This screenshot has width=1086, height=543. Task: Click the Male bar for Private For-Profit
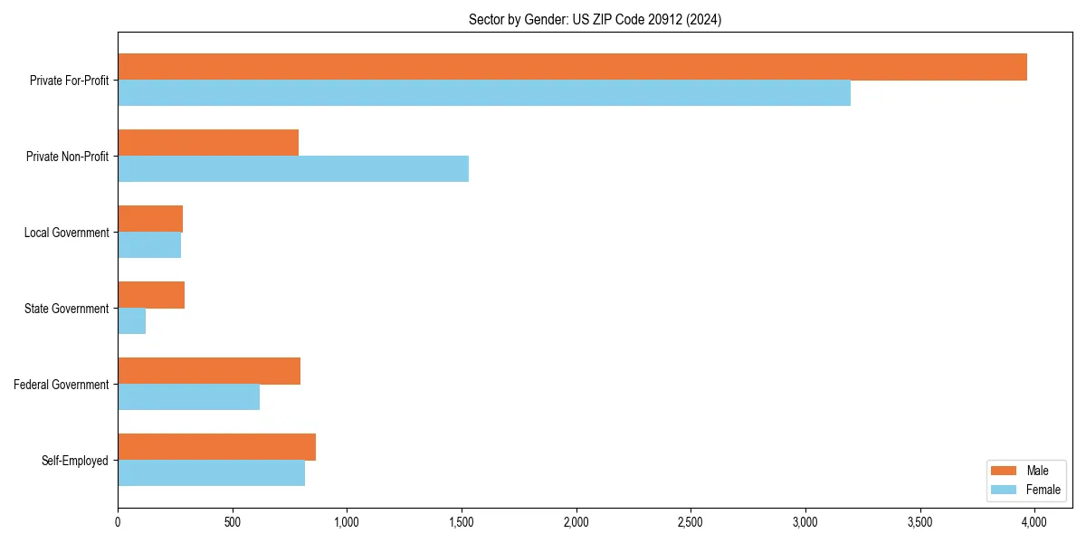click(572, 67)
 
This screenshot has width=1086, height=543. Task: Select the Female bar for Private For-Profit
click(484, 93)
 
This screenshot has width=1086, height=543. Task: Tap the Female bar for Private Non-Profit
click(293, 169)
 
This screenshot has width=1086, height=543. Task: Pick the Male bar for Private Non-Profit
click(208, 143)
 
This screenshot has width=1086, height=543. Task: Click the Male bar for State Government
click(151, 295)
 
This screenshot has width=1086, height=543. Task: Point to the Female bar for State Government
click(132, 321)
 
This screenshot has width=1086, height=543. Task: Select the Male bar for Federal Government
click(209, 371)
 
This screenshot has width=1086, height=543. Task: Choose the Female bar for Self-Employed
click(211, 473)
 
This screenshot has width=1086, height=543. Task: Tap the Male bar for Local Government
click(150, 219)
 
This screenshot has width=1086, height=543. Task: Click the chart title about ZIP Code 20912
click(595, 19)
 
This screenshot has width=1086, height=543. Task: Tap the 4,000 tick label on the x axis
click(1034, 522)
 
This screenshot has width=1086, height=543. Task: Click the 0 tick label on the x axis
click(118, 522)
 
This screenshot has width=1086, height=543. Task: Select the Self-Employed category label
click(75, 461)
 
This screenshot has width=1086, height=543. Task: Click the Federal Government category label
click(62, 385)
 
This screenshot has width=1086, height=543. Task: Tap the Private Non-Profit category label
click(67, 157)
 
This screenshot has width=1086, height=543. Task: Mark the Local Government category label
click(66, 233)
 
